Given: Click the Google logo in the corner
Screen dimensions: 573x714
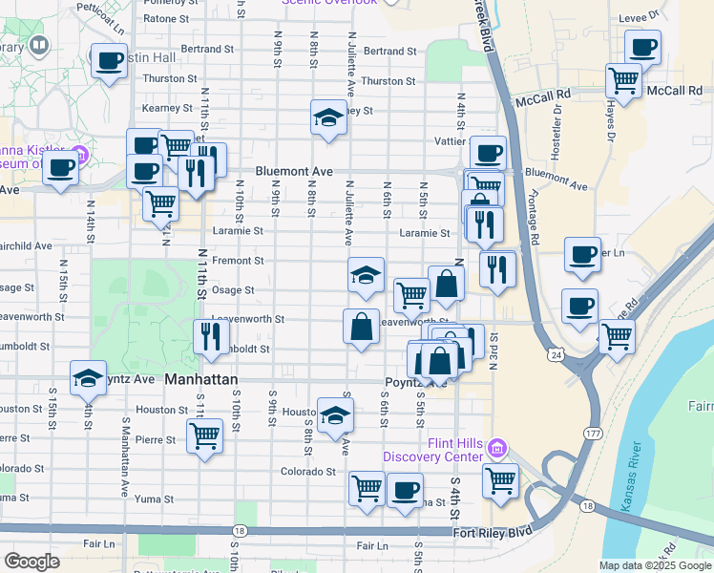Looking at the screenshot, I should tap(31, 562).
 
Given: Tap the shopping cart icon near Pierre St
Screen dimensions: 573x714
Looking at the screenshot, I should tap(205, 436).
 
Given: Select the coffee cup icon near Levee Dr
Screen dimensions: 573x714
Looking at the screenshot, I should tap(642, 47).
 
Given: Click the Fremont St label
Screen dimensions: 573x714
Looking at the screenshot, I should tap(238, 260).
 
